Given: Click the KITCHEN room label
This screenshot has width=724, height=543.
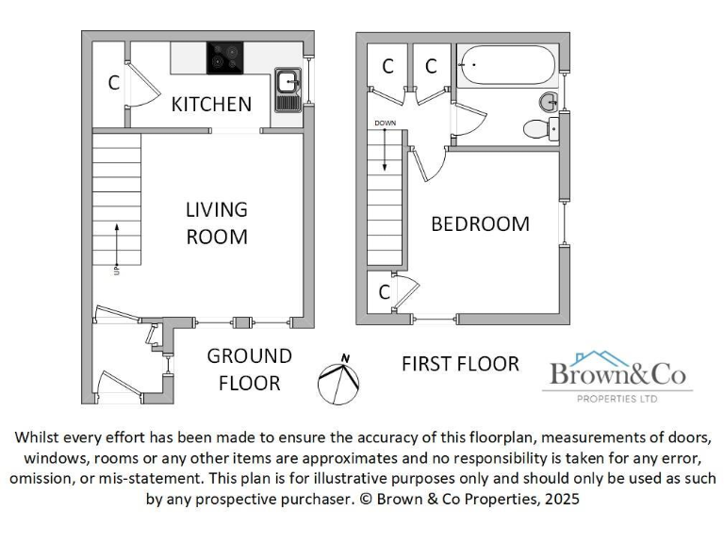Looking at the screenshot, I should click(211, 105).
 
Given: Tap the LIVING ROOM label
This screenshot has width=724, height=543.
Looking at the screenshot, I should click(216, 222).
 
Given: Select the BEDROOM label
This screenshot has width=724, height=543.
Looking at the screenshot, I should click(480, 224).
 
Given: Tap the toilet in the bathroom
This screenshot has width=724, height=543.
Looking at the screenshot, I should click(540, 130).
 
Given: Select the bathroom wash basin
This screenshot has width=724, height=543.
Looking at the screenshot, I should click(550, 101).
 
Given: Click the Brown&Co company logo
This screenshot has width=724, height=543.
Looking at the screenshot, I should click(619, 376).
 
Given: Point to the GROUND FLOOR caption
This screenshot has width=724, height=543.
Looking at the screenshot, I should click(249, 370).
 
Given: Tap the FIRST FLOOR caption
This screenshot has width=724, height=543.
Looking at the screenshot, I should click(460, 363).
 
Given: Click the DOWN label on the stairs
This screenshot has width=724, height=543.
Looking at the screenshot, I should click(385, 123).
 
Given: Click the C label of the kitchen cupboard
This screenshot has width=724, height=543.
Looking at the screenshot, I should click(113, 83).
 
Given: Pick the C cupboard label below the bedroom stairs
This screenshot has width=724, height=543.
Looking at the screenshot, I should click(384, 292).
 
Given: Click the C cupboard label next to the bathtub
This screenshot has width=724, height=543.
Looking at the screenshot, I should click(431, 66).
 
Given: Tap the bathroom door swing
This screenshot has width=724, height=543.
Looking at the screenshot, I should click(469, 121).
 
